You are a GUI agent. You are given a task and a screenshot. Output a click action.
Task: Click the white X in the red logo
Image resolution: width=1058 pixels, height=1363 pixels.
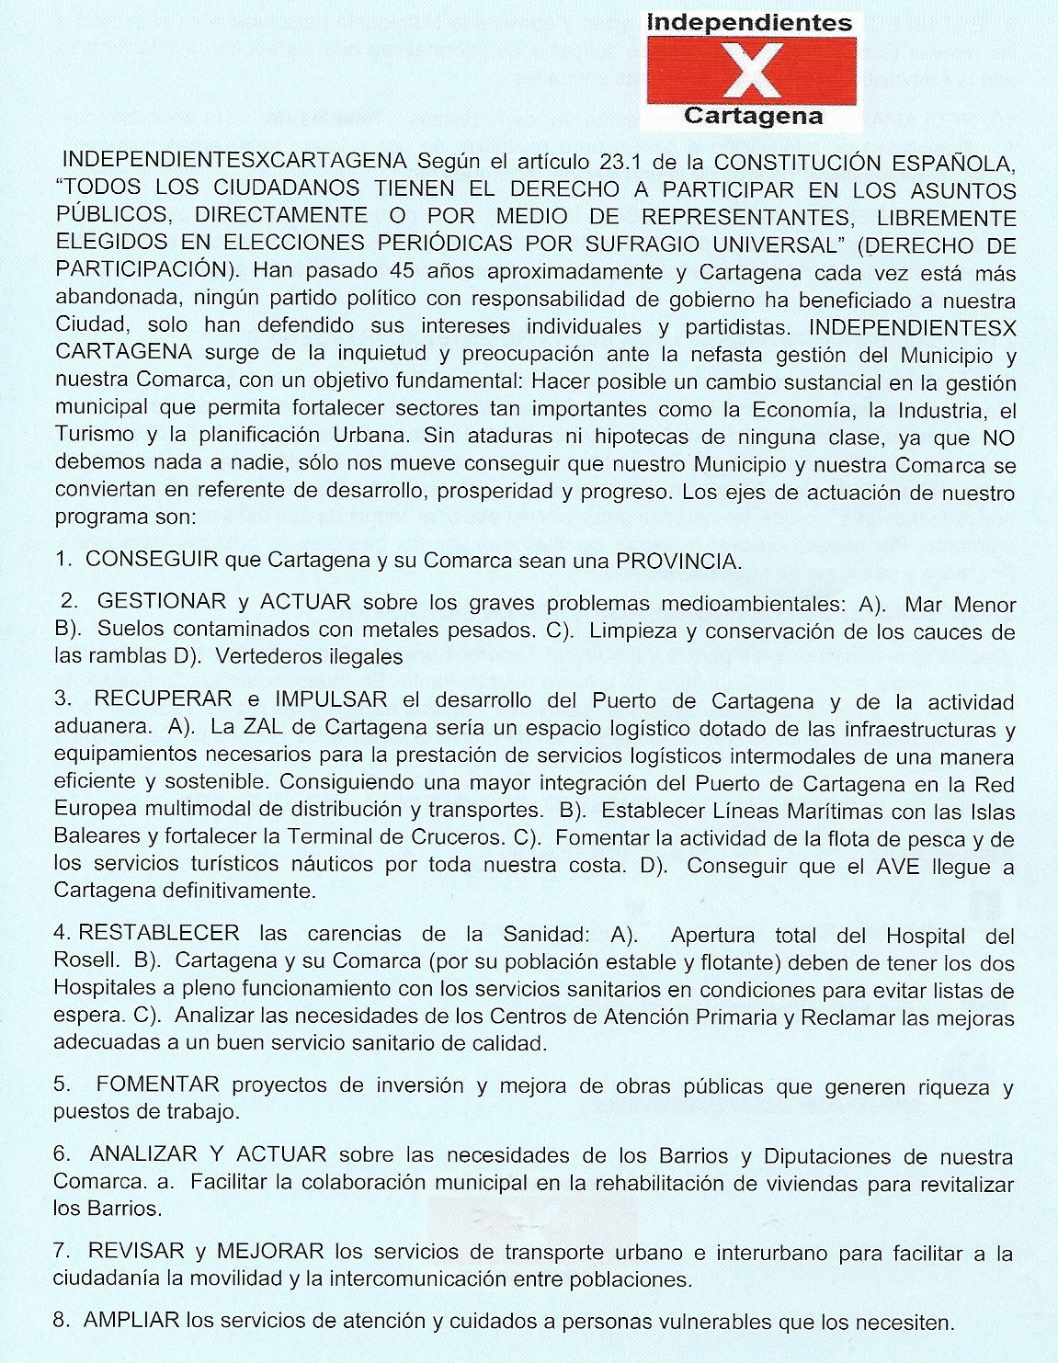click(752, 71)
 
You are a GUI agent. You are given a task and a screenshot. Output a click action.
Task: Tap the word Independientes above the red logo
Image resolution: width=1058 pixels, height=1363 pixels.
click(750, 22)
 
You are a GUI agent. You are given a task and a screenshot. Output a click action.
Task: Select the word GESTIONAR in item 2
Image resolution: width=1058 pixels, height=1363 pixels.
click(162, 602)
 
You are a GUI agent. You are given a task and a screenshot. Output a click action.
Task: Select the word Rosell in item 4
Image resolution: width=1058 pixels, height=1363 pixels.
click(86, 961)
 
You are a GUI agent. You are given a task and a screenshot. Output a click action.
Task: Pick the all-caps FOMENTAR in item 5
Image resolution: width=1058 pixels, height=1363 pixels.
click(157, 1085)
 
